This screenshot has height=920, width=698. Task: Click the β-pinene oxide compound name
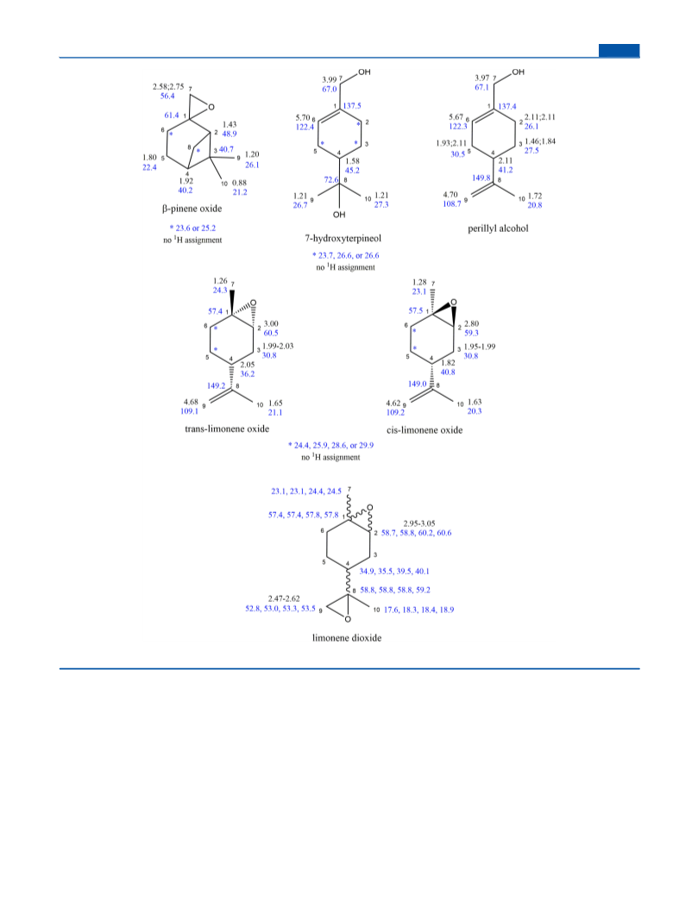point(192,209)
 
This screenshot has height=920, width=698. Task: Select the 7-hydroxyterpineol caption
point(343,238)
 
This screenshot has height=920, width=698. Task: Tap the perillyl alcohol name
point(498,228)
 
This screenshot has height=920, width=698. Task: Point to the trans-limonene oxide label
point(227,429)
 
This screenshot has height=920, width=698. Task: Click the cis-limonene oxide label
point(424,430)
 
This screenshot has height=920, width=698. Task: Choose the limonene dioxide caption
point(347,638)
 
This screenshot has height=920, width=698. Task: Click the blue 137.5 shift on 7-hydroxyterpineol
point(352,105)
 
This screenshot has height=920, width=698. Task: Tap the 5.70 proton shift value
point(303,117)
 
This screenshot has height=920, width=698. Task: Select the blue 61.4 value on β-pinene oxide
point(172,115)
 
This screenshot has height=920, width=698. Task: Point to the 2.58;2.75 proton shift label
point(168,87)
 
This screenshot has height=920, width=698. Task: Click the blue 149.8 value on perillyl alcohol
point(481,178)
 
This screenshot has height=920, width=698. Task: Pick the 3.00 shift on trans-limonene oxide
point(271,323)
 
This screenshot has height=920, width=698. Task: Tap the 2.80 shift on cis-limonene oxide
point(471,323)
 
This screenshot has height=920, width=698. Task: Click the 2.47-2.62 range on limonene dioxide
point(284,598)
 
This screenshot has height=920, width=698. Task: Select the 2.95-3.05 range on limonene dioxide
point(419,523)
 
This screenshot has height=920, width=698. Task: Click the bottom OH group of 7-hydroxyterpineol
point(339,215)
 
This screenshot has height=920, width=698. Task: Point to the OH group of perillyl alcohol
point(519,72)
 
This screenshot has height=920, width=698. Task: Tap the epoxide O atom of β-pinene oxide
point(211,107)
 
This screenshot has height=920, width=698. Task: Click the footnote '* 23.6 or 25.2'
point(192,228)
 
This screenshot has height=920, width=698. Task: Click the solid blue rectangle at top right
point(619,51)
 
